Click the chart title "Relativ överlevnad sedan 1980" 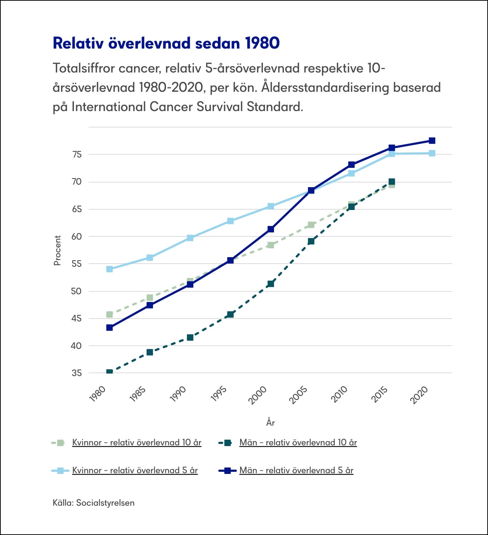166,43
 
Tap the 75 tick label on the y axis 77,155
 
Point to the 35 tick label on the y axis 77,373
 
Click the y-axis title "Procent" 57,250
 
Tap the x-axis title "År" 270,422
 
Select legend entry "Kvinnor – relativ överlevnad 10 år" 136,442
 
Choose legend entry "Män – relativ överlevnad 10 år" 298,442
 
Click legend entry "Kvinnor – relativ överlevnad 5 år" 135,470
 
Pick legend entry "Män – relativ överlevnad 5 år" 296,470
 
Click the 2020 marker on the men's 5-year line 432,140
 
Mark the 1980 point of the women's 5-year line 109,269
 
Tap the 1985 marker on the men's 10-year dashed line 150,352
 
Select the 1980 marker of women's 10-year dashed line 109,314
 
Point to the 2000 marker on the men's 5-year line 271,229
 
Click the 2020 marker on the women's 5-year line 432,153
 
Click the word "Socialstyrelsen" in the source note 105,503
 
